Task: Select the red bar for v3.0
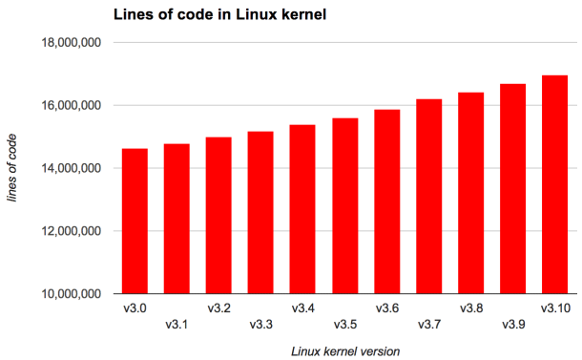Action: pyautogui.click(x=135, y=221)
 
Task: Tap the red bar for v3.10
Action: pyautogui.click(x=554, y=184)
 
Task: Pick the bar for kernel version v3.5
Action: pyautogui.click(x=344, y=205)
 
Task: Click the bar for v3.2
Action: pyautogui.click(x=218, y=215)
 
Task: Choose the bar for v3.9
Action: pyautogui.click(x=512, y=188)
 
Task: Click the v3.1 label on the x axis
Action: pyautogui.click(x=177, y=325)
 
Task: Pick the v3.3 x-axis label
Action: pyautogui.click(x=260, y=325)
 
